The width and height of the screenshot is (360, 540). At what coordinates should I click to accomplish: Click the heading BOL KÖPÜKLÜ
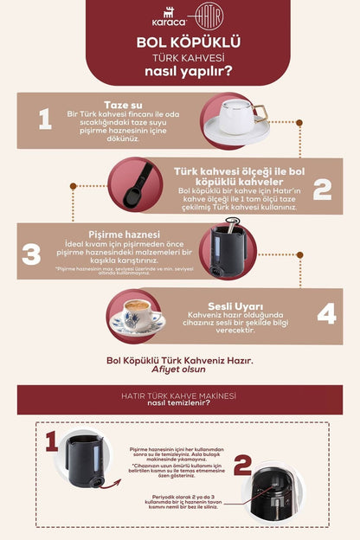[179, 42]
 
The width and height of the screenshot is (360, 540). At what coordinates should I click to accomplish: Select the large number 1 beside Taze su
[44, 119]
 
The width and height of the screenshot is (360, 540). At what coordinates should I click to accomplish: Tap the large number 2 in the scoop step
[321, 189]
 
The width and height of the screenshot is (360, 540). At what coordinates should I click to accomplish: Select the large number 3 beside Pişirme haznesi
[31, 254]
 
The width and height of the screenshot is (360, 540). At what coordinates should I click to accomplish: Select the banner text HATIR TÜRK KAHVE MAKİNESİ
[179, 395]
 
